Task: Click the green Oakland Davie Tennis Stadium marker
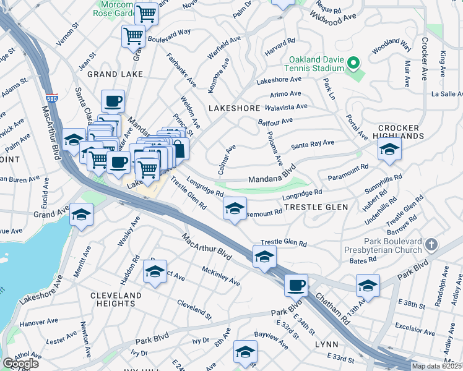tap(353, 63)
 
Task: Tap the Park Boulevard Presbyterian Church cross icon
tap(431, 245)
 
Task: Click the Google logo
tap(20, 364)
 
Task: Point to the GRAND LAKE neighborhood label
tap(115, 74)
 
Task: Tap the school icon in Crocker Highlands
tap(389, 149)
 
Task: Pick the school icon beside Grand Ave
tap(80, 214)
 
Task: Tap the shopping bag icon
tap(178, 148)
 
